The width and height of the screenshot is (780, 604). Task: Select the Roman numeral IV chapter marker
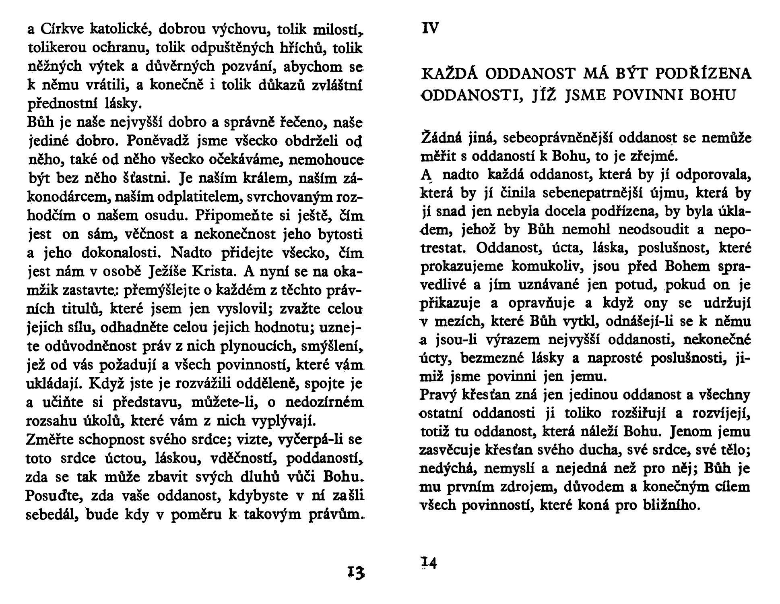(430, 28)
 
